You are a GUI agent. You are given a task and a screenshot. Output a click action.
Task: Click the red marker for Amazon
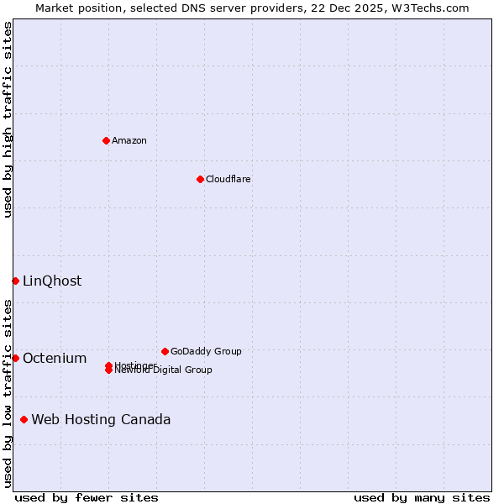[x=106, y=140]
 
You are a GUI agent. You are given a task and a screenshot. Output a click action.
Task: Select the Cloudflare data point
[x=200, y=179]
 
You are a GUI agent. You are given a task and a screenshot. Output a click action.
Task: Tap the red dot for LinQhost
[x=15, y=281]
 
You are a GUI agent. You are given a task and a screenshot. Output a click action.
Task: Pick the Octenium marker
[x=15, y=358]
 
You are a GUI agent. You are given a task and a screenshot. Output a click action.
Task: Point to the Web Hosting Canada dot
[x=24, y=419]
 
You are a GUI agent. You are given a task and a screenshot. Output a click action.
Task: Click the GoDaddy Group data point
[x=165, y=351]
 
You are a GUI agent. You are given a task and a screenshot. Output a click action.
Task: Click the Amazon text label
[x=129, y=140]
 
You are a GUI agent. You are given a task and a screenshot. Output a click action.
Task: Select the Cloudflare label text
[x=228, y=179]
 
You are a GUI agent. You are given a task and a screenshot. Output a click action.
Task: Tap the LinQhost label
[x=52, y=281]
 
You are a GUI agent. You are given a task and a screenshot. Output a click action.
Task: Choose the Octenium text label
[x=55, y=359]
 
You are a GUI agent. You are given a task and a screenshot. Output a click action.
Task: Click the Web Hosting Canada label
[x=101, y=420]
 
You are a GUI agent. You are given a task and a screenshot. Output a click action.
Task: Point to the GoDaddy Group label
[x=206, y=351]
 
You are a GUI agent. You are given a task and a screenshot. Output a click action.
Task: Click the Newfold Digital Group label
[x=165, y=370]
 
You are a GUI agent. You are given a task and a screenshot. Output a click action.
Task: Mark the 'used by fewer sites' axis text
[x=87, y=497]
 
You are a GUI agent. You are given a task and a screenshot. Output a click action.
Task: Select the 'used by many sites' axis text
[x=422, y=497]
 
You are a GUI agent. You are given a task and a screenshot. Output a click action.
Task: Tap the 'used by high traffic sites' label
[x=8, y=119]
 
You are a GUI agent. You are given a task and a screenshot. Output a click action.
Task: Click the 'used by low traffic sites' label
[x=8, y=393]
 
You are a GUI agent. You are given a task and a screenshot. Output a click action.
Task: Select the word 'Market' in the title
[x=55, y=8]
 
